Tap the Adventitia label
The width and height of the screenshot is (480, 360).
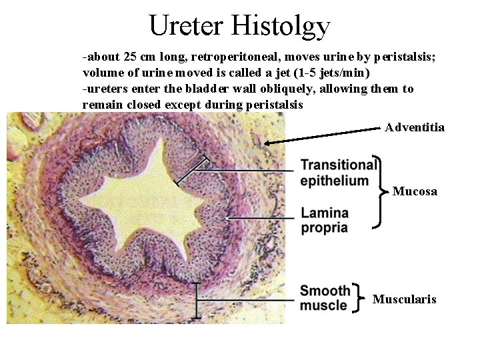coord(415,127)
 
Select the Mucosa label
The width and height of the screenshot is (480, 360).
coord(415,191)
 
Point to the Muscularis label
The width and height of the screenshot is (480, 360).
coord(404,299)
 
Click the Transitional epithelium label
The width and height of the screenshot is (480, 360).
coord(338,173)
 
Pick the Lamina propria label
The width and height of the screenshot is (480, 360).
coord(325,221)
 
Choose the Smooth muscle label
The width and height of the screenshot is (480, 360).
coord(325,298)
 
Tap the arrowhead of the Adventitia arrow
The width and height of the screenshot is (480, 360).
coord(267,142)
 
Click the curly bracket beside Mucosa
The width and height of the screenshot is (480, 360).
coord(381,191)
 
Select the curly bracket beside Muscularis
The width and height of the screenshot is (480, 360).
coord(361,298)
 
